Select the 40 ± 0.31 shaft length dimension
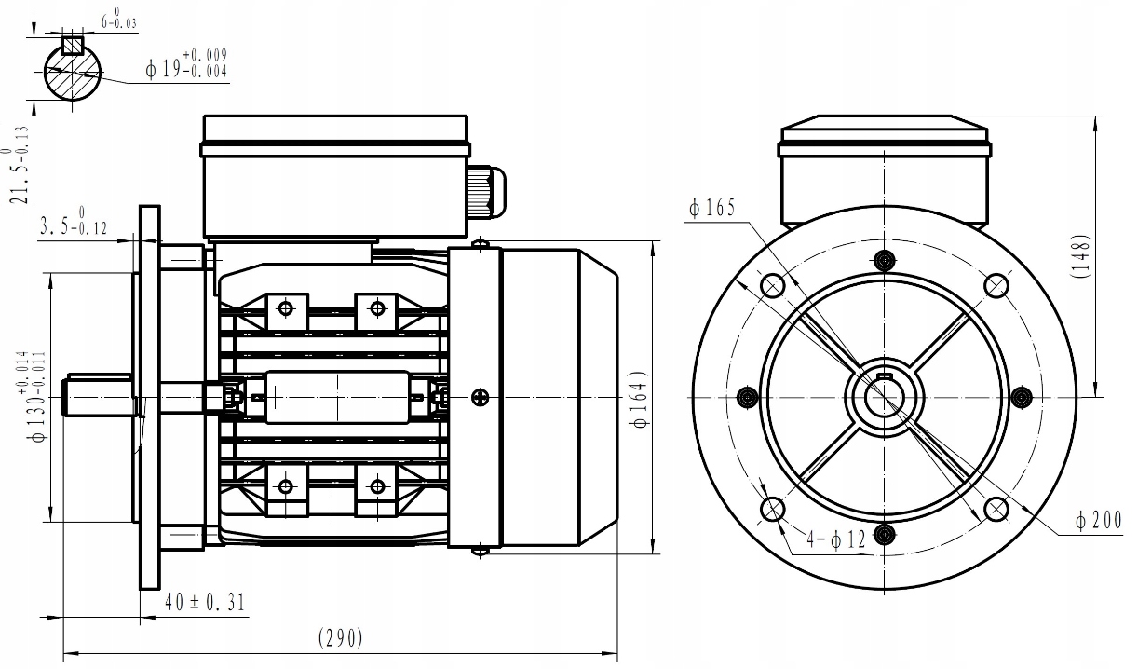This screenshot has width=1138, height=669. tap(204, 602)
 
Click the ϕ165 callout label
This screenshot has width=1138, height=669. tap(711, 208)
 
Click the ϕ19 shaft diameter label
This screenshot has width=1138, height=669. tap(186, 66)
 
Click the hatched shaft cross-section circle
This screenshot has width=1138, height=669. tap(72, 73)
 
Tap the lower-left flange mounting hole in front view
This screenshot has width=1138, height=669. tap(772, 509)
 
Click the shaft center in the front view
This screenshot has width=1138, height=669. tap(884, 397)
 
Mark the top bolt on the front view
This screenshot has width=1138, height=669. tap(885, 258)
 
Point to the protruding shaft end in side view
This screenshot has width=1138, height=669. tap(97, 395)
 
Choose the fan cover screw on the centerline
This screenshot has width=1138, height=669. tap(479, 397)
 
